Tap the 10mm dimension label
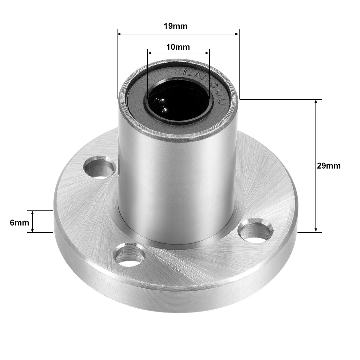point(178,47)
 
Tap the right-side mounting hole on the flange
point(256,232)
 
